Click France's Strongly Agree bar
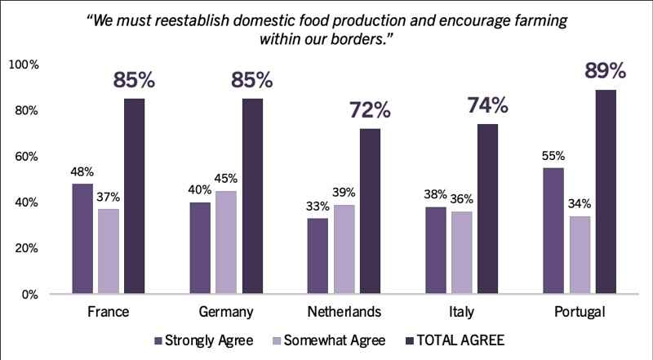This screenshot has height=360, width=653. [82, 238]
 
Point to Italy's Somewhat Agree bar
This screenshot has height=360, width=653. [461, 252]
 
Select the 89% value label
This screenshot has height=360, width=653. [605, 71]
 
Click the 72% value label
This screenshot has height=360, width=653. [371, 110]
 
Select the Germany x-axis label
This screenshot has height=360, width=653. [225, 313]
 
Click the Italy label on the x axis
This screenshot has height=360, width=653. [461, 313]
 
